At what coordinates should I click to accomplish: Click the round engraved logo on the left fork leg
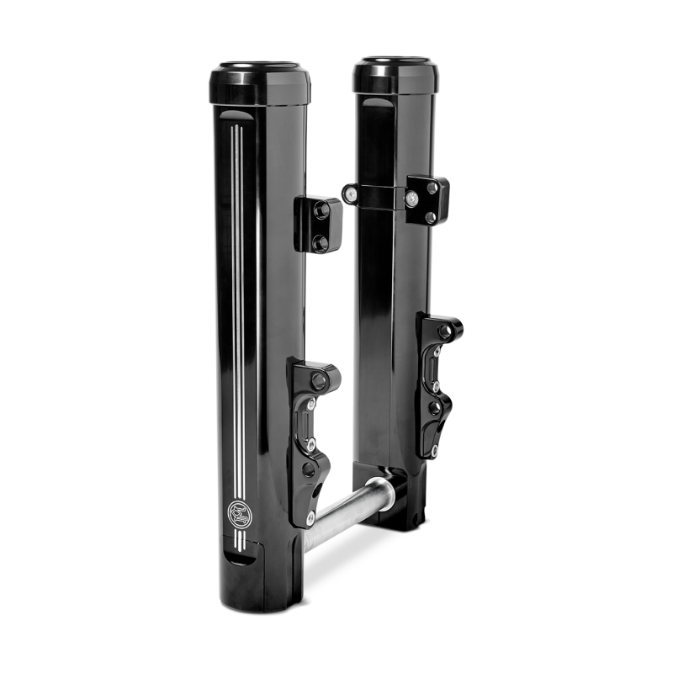point(237,512)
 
